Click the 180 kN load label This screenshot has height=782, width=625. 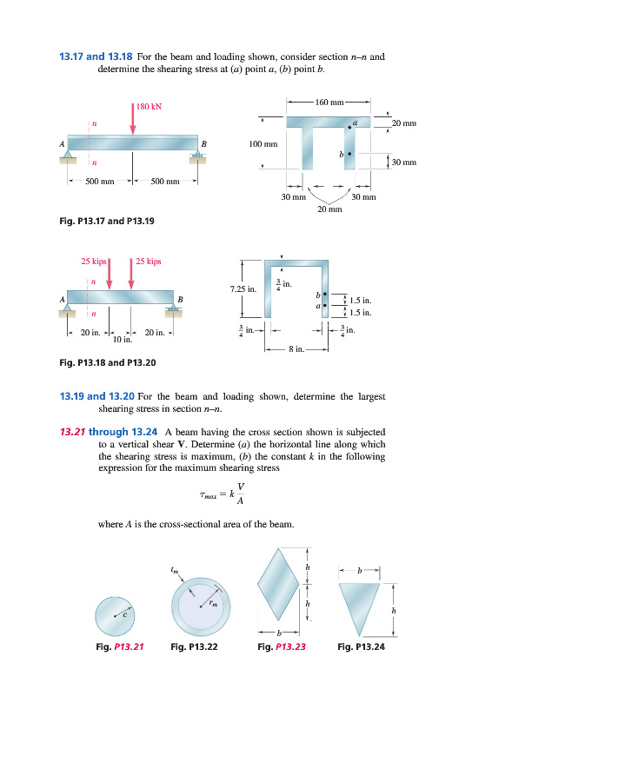point(150,107)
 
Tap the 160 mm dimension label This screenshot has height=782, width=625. point(329,103)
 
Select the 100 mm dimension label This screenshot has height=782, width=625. point(263,143)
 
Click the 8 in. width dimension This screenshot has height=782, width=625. point(296,349)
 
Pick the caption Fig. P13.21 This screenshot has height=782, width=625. point(119,646)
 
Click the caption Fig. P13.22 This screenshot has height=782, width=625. point(194,646)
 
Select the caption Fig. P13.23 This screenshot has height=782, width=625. point(282,646)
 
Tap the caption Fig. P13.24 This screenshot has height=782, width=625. point(361,646)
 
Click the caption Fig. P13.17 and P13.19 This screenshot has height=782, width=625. point(106,222)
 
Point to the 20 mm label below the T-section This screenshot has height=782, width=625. point(330,209)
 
